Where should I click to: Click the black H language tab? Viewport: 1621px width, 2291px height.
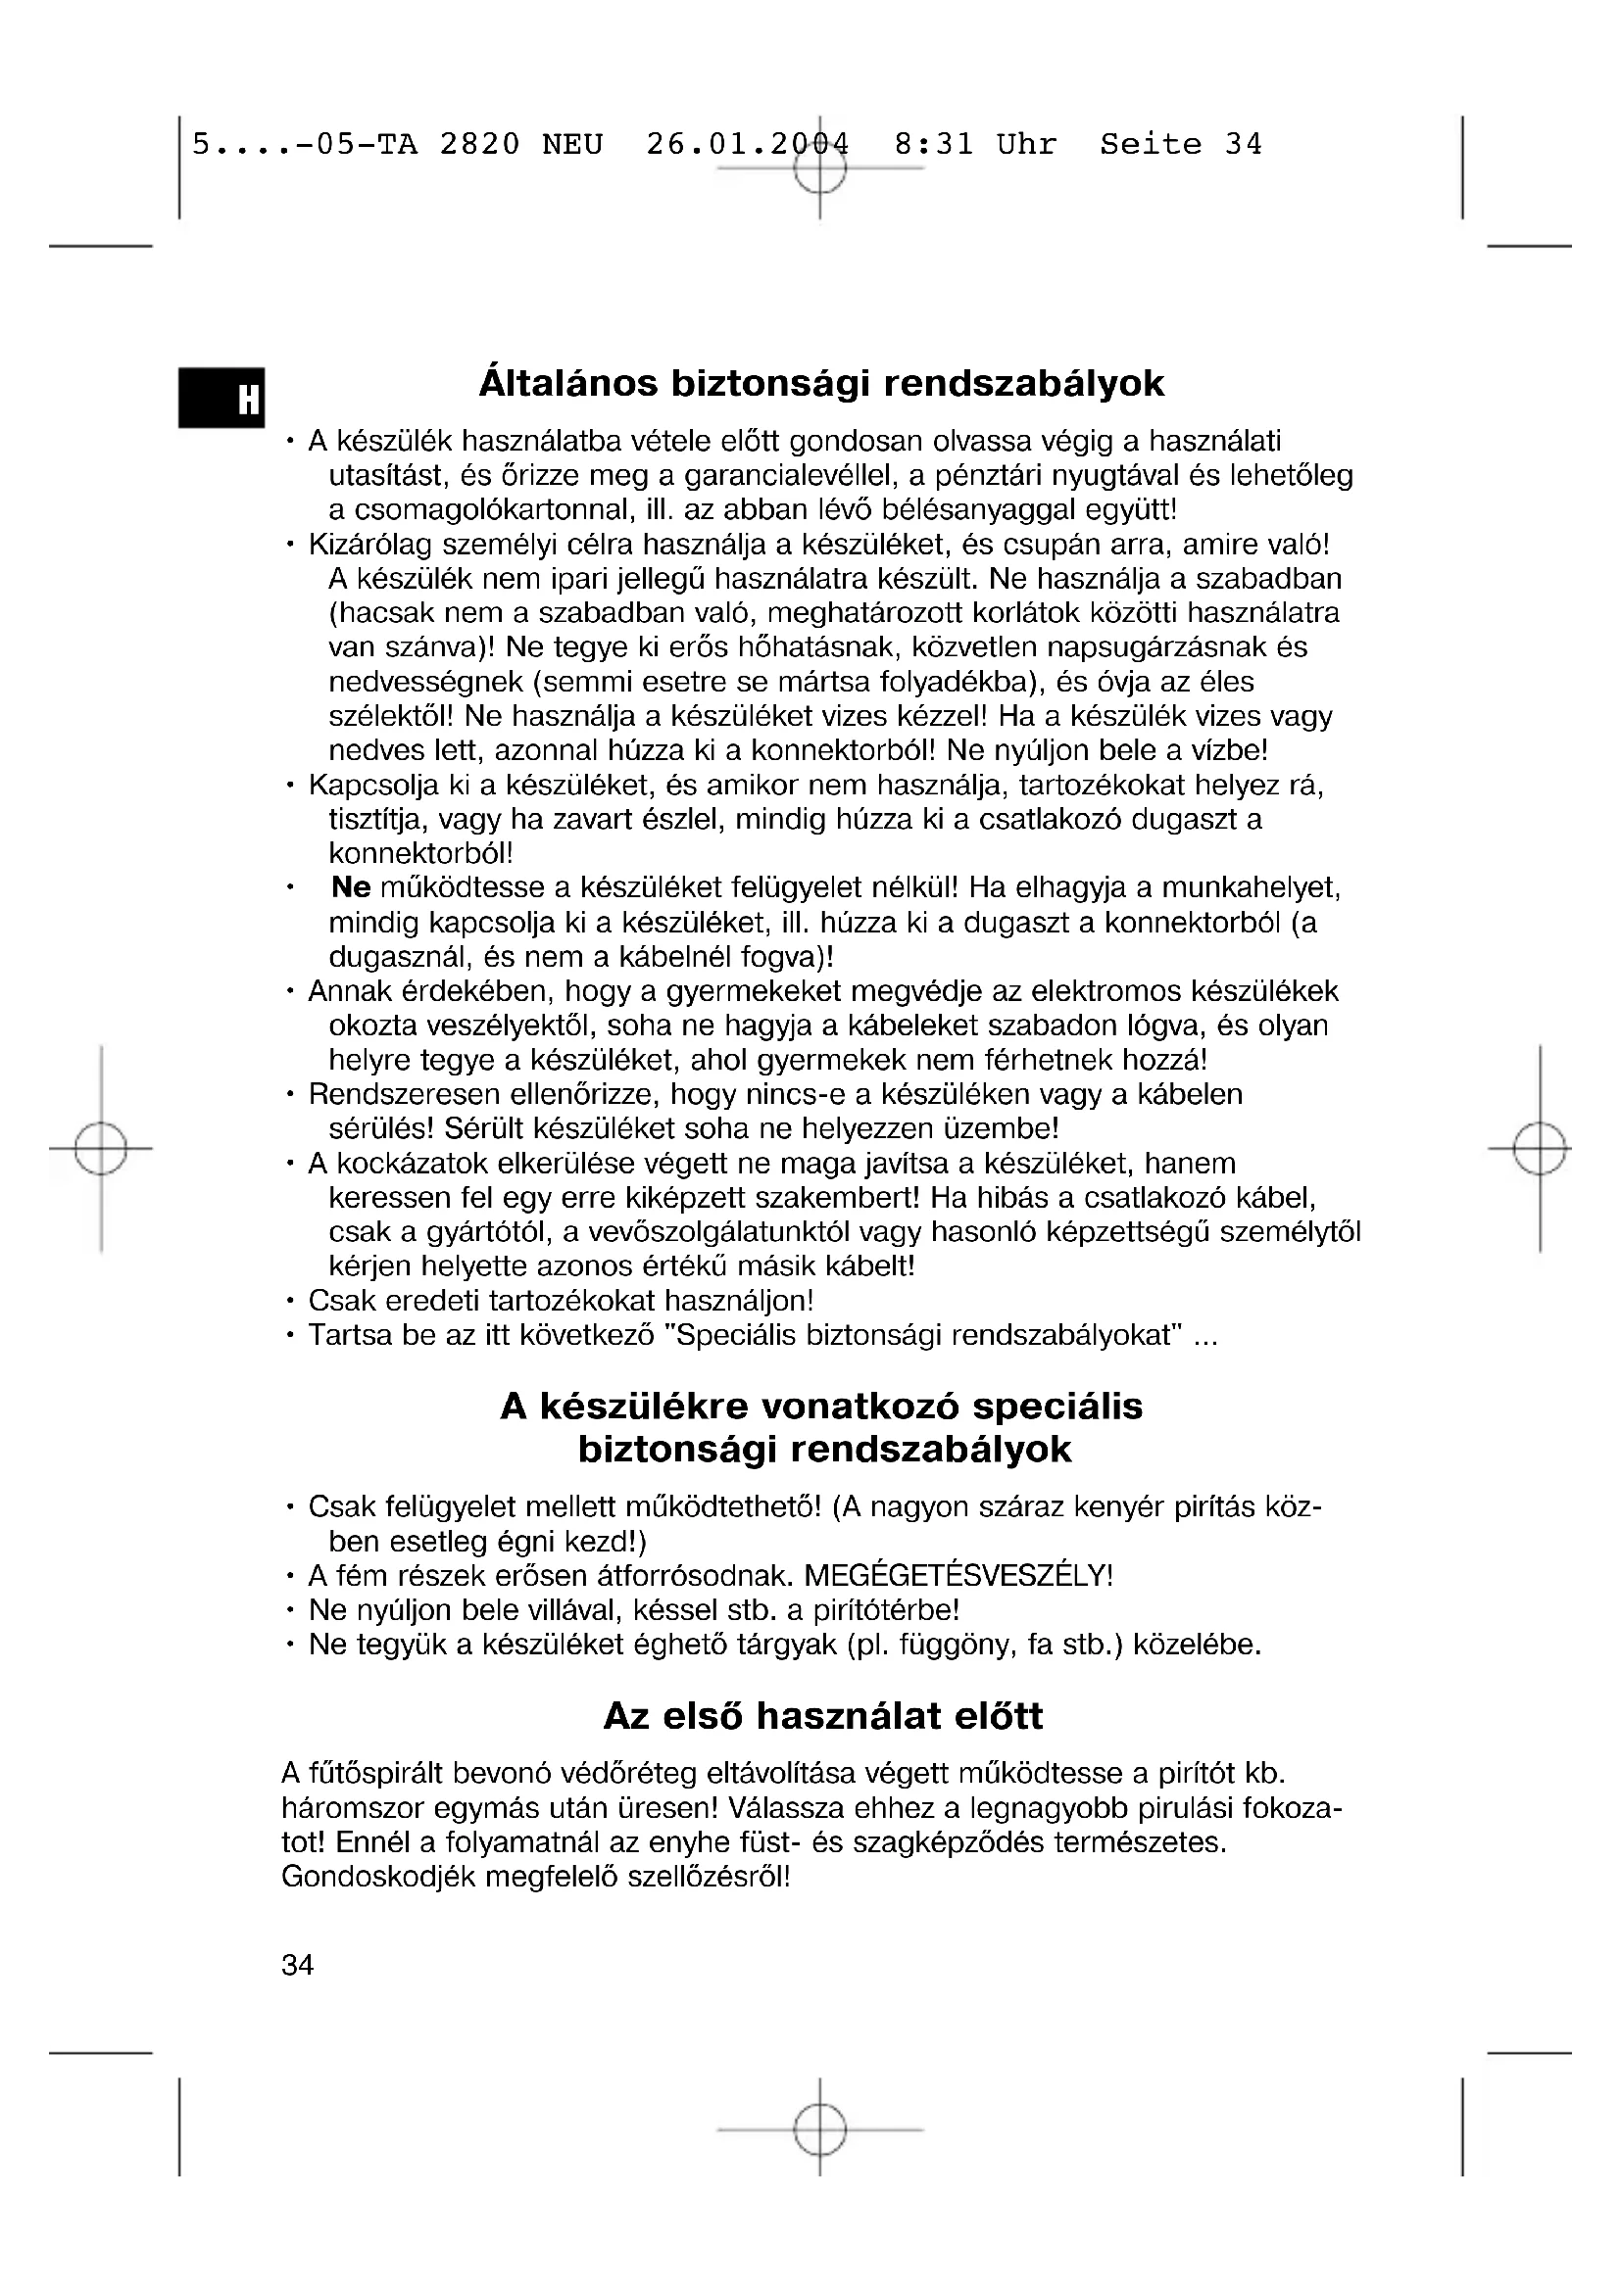tap(221, 398)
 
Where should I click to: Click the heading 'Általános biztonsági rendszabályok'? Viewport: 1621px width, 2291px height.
tap(821, 384)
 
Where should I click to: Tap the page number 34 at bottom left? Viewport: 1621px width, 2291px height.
tap(298, 1965)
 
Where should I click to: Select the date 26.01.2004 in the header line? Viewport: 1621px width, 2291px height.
tap(748, 146)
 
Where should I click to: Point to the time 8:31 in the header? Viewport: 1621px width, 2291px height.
tap(933, 146)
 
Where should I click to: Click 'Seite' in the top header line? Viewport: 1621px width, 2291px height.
tap(1151, 146)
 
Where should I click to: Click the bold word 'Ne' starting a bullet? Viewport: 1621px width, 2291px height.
tap(350, 887)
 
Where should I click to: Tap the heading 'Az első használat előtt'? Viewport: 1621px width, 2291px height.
tap(822, 1716)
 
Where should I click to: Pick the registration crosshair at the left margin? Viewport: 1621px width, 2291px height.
tap(101, 1149)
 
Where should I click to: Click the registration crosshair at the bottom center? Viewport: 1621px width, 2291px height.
tap(819, 2130)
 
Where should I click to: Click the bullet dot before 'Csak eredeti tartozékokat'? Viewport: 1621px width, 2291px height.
tap(289, 1301)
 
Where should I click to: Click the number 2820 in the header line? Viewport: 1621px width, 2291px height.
tap(480, 146)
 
